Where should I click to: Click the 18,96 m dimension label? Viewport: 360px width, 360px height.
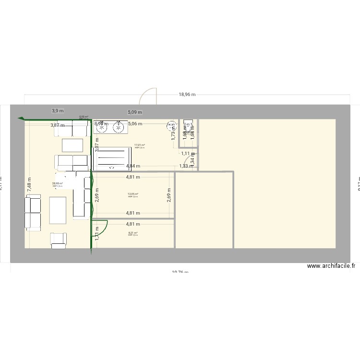(187, 95)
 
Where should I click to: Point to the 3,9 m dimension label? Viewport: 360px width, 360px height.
(58, 111)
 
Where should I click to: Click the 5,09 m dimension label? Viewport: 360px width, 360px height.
(135, 112)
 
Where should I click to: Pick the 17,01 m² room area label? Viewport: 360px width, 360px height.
(140, 145)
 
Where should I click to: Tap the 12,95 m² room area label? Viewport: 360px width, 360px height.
(133, 194)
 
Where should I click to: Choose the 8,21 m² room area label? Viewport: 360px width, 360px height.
(133, 233)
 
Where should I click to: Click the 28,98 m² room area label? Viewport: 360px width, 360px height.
(58, 183)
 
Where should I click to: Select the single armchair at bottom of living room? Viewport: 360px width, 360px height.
(59, 240)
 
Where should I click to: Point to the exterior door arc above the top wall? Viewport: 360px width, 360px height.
(148, 95)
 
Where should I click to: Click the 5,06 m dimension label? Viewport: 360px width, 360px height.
(135, 124)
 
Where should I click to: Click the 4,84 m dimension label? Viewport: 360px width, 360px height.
(133, 166)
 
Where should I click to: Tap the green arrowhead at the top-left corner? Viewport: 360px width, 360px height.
(21, 119)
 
